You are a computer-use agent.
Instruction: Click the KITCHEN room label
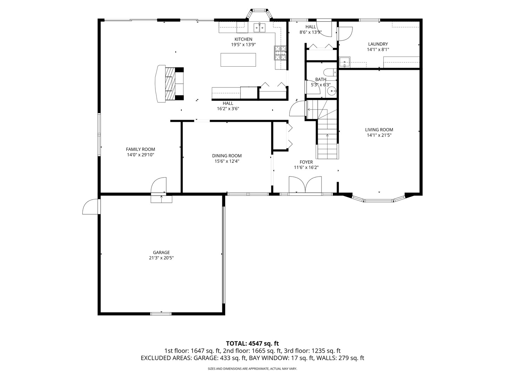tap(243, 39)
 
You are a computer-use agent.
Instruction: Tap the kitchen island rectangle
tap(238, 60)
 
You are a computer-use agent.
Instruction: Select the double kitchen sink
tap(260, 28)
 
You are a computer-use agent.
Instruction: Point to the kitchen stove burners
tap(280, 53)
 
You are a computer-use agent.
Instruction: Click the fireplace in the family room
tap(170, 84)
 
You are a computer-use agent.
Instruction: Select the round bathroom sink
tap(332, 91)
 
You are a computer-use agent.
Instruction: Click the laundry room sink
tap(345, 62)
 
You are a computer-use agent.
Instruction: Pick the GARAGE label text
tap(161, 252)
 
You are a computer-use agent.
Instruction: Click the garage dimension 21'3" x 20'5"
tap(161, 258)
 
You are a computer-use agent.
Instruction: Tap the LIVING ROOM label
tap(379, 130)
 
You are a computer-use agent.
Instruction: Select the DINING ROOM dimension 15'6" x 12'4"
tap(227, 161)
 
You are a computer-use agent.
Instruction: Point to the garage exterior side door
tap(91, 206)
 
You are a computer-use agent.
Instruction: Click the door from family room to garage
tap(159, 186)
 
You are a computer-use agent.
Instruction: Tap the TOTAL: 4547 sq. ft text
tap(252, 344)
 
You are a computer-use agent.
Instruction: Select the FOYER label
tap(306, 162)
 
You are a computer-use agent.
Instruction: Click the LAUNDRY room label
tap(378, 44)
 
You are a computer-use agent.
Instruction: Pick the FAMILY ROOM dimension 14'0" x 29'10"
tap(141, 155)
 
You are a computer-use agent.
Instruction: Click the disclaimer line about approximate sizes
tap(252, 368)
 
